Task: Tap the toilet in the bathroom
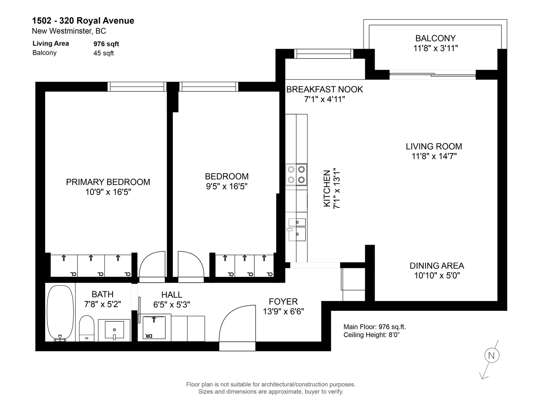click(87, 328)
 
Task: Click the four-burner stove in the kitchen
click(296, 175)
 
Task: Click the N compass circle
click(492, 356)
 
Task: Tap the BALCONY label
click(435, 39)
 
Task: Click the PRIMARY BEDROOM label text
click(108, 182)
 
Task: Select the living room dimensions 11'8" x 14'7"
click(434, 156)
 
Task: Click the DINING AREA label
click(437, 266)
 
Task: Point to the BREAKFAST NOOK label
click(325, 89)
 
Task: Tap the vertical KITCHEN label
click(327, 188)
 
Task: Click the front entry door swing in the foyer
click(237, 323)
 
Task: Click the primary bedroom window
click(137, 87)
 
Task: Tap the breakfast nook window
click(324, 54)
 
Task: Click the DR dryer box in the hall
click(154, 328)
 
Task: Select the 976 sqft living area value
click(106, 44)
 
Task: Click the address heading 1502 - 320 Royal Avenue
click(83, 21)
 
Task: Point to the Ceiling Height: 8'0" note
click(371, 335)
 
